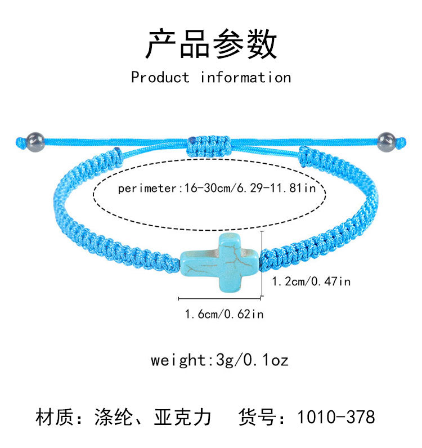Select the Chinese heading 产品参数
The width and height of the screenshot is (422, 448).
point(211,44)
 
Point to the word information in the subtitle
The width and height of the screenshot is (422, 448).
point(246,77)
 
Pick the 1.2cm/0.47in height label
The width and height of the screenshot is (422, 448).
point(311,281)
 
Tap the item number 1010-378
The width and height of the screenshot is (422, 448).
point(335,418)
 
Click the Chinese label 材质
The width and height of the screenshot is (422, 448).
point(54,418)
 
